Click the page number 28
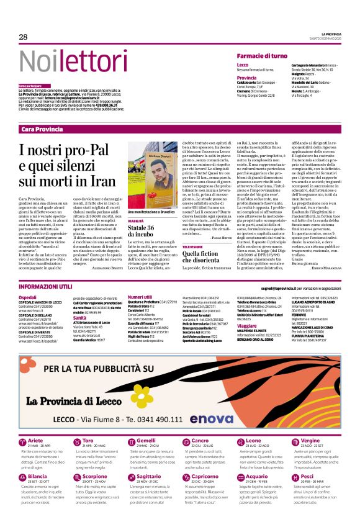(23, 37)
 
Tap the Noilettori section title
(65, 61)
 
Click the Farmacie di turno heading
(261, 56)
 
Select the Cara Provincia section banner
(42, 129)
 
